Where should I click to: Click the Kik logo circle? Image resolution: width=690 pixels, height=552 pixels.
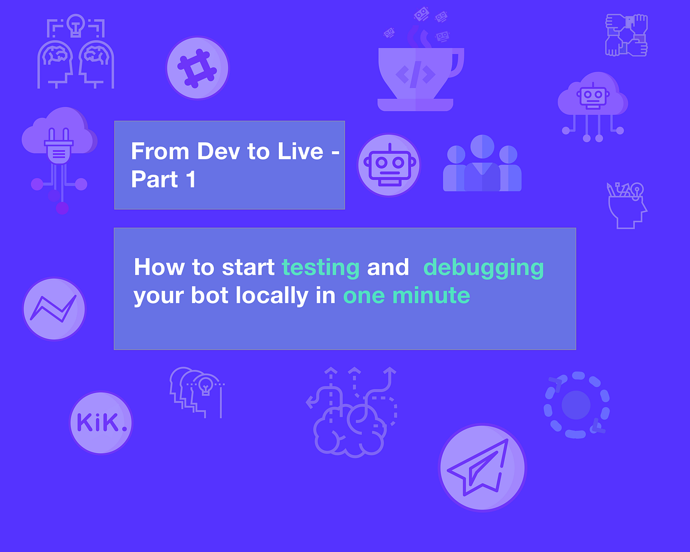tap(101, 423)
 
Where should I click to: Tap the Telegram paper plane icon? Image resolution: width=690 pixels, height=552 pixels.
tap(482, 467)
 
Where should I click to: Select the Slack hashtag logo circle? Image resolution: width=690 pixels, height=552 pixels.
tap(197, 68)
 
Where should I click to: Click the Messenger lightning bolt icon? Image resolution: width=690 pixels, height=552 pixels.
tap(54, 309)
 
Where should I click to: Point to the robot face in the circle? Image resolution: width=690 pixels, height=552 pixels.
tap(388, 164)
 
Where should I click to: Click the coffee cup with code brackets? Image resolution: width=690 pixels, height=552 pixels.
tap(419, 72)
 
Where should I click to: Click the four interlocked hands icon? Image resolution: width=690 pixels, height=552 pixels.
tap(626, 35)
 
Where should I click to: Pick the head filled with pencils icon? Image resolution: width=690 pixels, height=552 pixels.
tap(627, 205)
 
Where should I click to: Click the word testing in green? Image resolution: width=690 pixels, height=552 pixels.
tap(321, 267)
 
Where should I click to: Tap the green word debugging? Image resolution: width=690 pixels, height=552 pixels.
tap(483, 267)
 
